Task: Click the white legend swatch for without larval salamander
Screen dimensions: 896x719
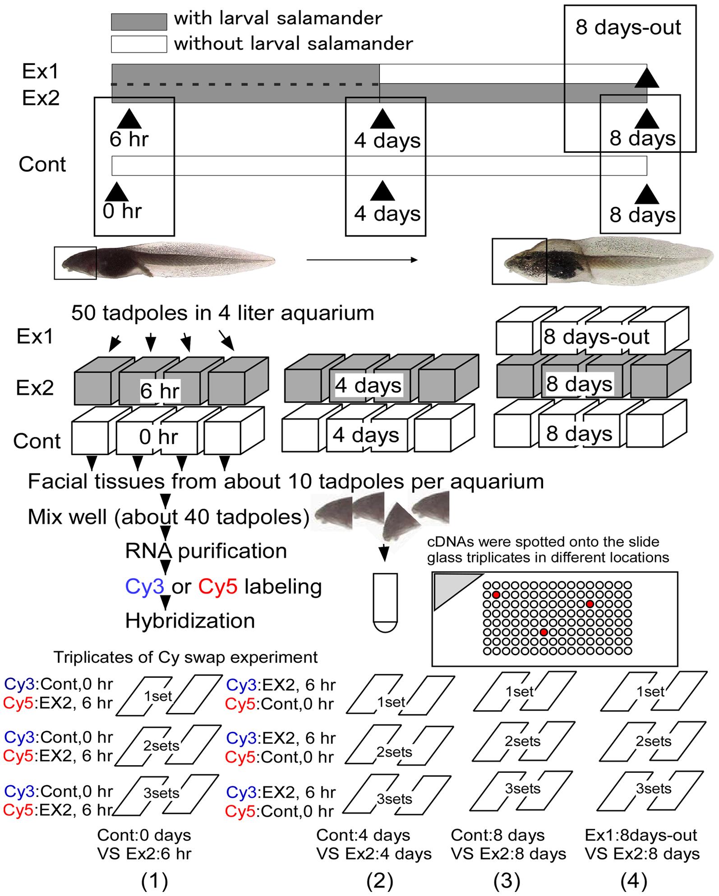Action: pyautogui.click(x=139, y=44)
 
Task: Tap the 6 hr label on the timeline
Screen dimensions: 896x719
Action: pyautogui.click(x=129, y=139)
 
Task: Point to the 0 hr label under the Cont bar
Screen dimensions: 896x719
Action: pyautogui.click(x=122, y=211)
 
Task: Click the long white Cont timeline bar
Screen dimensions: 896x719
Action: pyautogui.click(x=379, y=165)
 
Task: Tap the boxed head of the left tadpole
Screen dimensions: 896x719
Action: pyautogui.click(x=75, y=263)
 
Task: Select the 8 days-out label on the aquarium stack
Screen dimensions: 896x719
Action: pyautogui.click(x=596, y=337)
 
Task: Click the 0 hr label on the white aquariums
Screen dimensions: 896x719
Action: pyautogui.click(x=158, y=437)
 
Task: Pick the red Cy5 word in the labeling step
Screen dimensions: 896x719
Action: pyautogui.click(x=217, y=587)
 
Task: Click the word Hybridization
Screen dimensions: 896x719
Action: pyautogui.click(x=190, y=621)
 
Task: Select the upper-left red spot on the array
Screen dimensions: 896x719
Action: pyautogui.click(x=496, y=595)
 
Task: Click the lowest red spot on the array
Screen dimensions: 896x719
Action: pyautogui.click(x=544, y=632)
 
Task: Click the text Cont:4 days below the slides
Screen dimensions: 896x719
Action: pyautogui.click(x=363, y=835)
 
